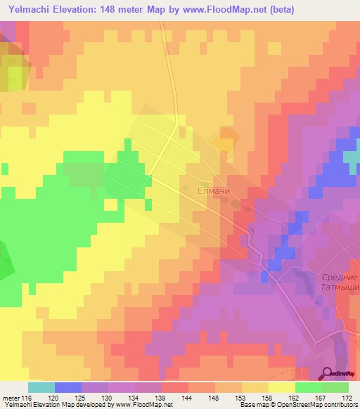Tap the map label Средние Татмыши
click(340, 285)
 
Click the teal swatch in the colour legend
click(41, 387)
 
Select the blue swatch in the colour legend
click(68, 387)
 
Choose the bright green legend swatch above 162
click(309, 387)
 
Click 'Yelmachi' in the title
click(29, 10)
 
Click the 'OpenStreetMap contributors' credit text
click(318, 405)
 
